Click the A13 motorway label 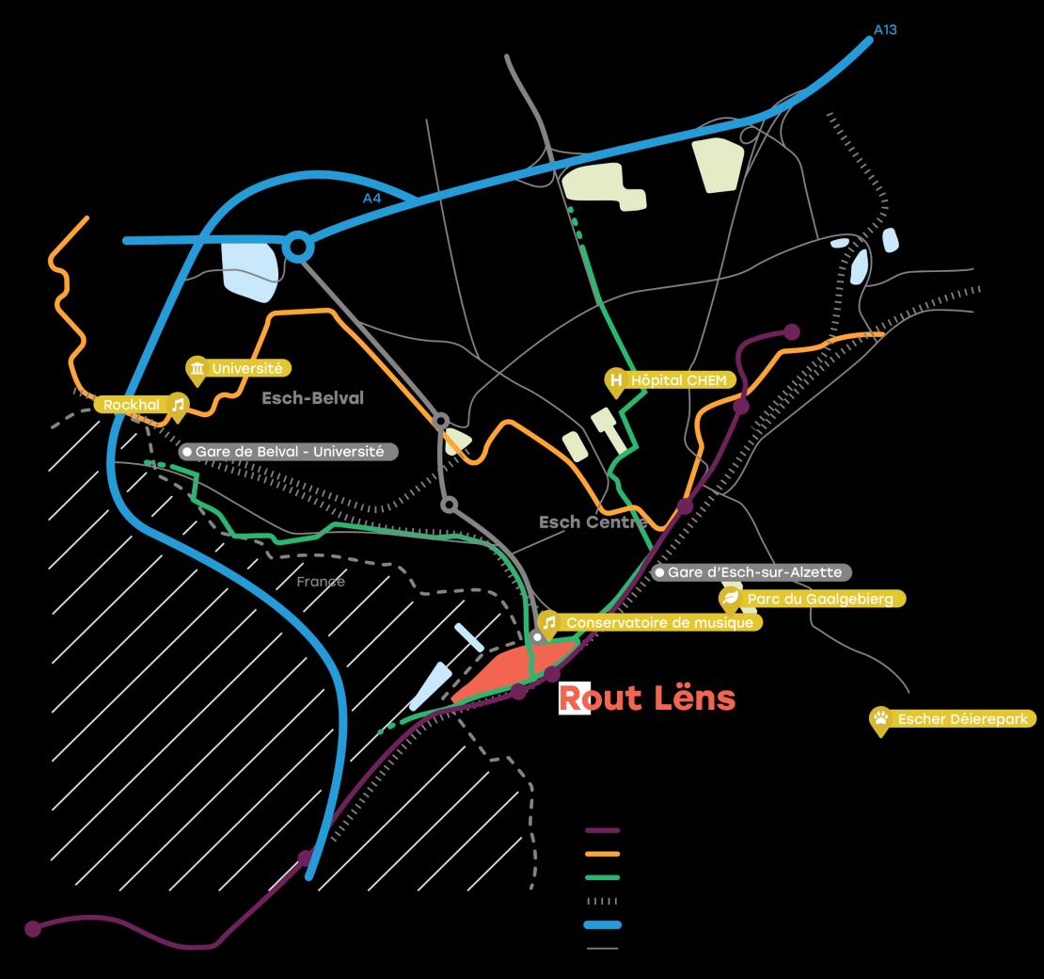(x=885, y=30)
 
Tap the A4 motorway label (x=372, y=199)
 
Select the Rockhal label (x=133, y=405)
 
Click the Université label (x=246, y=369)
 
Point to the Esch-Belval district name (x=312, y=398)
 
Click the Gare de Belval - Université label (x=290, y=452)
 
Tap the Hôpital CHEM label (x=678, y=380)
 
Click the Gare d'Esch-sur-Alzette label (x=754, y=572)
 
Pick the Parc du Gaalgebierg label (x=819, y=599)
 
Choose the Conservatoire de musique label (x=658, y=622)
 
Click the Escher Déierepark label (x=965, y=719)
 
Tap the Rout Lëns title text (x=647, y=698)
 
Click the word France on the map (x=321, y=582)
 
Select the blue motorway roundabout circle (x=298, y=248)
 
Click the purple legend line (x=602, y=830)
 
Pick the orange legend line (x=602, y=854)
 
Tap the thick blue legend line (x=602, y=924)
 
